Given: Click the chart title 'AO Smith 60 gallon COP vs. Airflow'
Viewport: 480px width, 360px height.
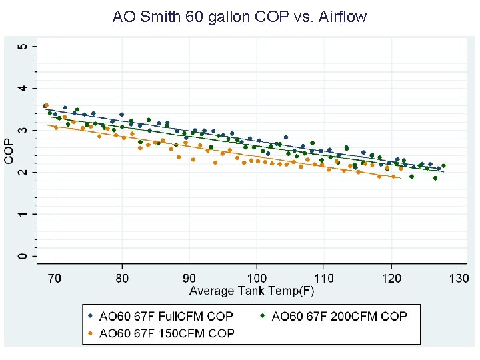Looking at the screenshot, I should pyautogui.click(x=240, y=16).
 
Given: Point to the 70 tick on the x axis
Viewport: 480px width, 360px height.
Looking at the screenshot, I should pyautogui.click(x=55, y=277).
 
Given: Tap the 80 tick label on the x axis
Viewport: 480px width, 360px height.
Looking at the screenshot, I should pyautogui.click(x=122, y=277).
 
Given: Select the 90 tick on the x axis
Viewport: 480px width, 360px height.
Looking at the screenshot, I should pyautogui.click(x=189, y=277).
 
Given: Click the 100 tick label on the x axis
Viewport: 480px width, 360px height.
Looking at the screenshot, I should pyautogui.click(x=257, y=277).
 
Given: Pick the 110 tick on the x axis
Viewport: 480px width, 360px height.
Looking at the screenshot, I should pyautogui.click(x=324, y=277).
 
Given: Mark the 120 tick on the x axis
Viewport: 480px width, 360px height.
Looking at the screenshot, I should pyautogui.click(x=391, y=277).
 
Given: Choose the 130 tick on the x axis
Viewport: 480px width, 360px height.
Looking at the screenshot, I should pyautogui.click(x=459, y=277).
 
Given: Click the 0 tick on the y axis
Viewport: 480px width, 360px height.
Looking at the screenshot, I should pyautogui.click(x=25, y=256).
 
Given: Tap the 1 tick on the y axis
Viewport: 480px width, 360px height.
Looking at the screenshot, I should pyautogui.click(x=25, y=214).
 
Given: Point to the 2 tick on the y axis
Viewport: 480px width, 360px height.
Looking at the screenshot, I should pyautogui.click(x=25, y=172).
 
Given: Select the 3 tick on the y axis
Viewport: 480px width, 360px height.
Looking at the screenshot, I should pyautogui.click(x=25, y=130).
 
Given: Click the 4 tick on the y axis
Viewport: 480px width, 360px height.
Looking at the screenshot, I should pyautogui.click(x=25, y=88).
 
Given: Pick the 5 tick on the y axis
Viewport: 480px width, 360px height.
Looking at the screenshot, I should pyautogui.click(x=25, y=46).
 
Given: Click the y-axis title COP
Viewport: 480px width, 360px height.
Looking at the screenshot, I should pyautogui.click(x=9, y=151).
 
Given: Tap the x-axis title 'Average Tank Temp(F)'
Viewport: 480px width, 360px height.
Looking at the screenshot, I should pyautogui.click(x=252, y=291).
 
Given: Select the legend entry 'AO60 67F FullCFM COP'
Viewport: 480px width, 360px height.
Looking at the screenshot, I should pyautogui.click(x=166, y=316).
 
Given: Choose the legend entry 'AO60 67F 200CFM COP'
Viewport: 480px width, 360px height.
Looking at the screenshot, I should pyautogui.click(x=339, y=316).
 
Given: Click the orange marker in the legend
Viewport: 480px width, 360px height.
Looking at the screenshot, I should pyautogui.click(x=91, y=333).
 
